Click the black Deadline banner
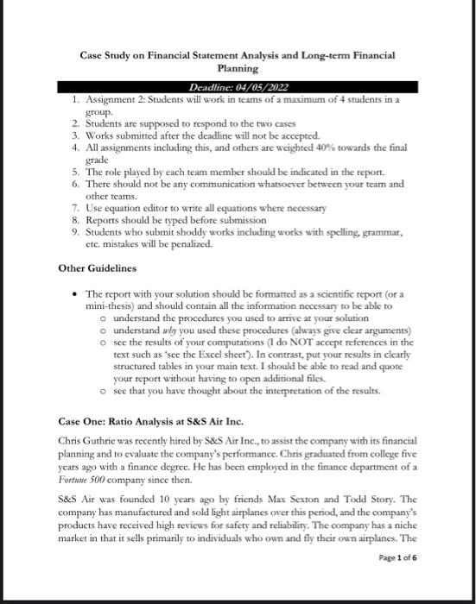point(238,88)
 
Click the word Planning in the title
point(238,67)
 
